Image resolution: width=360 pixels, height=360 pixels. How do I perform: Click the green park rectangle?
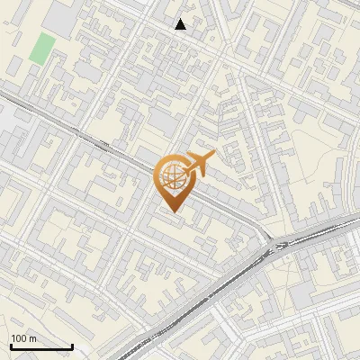coord(40,48)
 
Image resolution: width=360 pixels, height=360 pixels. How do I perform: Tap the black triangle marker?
coord(181,24)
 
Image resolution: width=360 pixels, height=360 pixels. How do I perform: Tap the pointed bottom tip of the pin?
coord(173,212)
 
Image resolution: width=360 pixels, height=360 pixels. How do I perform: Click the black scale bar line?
coord(41,346)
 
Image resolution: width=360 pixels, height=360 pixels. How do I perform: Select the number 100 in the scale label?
coord(19,338)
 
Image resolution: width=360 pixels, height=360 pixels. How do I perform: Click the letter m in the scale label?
coord(33,338)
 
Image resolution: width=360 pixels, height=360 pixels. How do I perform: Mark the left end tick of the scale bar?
coord(11,345)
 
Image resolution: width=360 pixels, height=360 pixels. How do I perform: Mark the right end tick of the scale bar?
coord(72,345)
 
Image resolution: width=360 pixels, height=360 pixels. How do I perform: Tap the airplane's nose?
coord(214,156)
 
